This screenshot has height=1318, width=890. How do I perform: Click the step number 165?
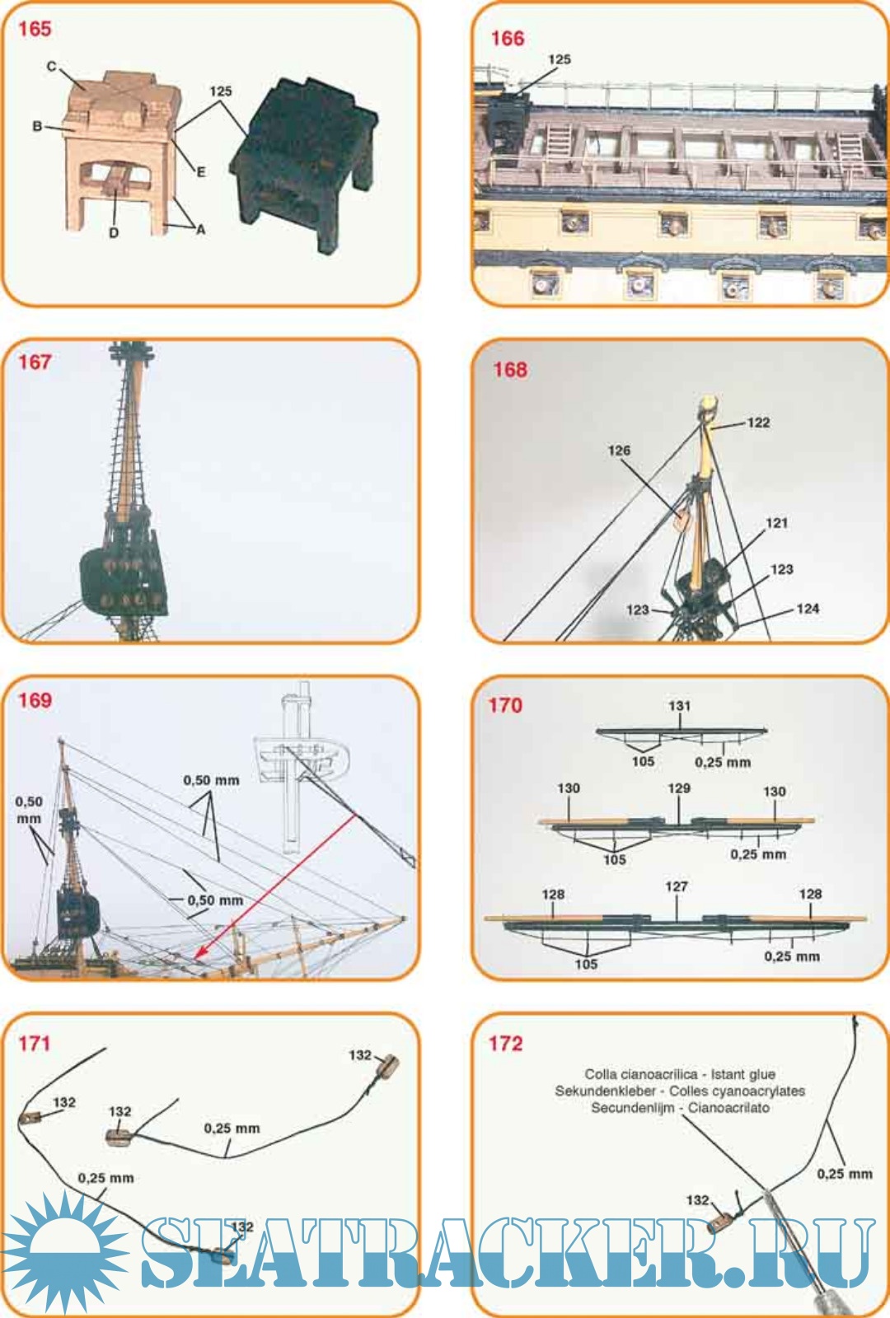tap(35, 29)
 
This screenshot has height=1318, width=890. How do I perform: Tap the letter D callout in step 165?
tap(114, 233)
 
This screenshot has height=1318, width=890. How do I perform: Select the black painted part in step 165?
tap(304, 164)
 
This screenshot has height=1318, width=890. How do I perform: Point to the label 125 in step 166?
tap(560, 59)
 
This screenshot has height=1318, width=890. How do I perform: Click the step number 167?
tap(35, 362)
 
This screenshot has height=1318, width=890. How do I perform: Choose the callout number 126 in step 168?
tap(619, 450)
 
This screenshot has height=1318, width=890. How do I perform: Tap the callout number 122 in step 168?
tap(758, 423)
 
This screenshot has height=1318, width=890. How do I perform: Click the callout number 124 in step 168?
tap(808, 609)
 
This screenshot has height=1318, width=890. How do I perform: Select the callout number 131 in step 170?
tap(679, 705)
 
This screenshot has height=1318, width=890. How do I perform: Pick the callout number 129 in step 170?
tap(679, 788)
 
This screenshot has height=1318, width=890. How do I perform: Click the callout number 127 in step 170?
tap(677, 886)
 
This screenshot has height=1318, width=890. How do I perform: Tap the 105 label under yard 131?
tap(643, 761)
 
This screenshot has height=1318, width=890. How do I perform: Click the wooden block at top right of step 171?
tap(387, 1065)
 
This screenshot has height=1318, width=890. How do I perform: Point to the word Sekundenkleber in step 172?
tap(605, 1091)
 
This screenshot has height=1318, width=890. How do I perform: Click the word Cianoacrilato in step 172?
tap(728, 1107)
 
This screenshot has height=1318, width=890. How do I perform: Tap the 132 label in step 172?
tap(697, 1199)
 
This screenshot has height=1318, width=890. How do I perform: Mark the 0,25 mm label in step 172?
tap(844, 1174)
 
